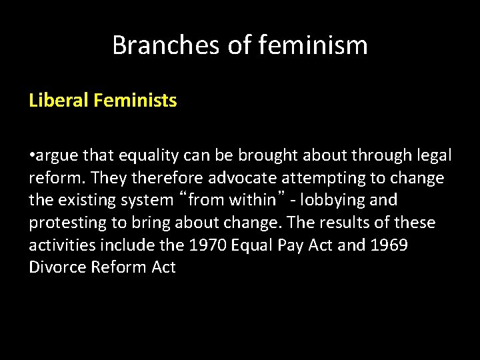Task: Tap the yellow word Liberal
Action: pyautogui.click(x=59, y=101)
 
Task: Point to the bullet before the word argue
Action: pyautogui.click(x=32, y=156)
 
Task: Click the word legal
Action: pyautogui.click(x=433, y=155)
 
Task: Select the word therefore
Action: pyautogui.click(x=172, y=178)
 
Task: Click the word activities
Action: pyautogui.click(x=62, y=245)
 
